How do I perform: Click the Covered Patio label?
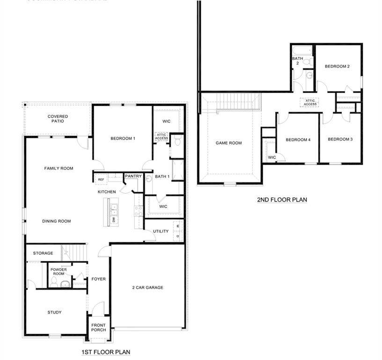click(x=58, y=119)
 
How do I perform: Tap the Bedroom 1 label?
click(x=123, y=138)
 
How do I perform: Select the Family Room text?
click(x=59, y=168)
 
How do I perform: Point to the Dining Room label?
click(x=56, y=221)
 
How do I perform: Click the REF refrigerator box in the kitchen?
click(x=101, y=180)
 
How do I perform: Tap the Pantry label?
click(x=133, y=176)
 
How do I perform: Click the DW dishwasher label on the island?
click(x=113, y=219)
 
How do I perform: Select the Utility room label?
click(x=161, y=231)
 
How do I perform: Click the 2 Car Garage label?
click(x=147, y=287)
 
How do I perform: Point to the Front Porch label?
click(x=98, y=327)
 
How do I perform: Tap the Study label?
click(x=54, y=313)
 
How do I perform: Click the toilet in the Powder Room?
click(x=54, y=282)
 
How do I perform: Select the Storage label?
click(x=43, y=253)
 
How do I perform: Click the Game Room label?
click(x=228, y=143)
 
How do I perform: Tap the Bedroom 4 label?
click(x=298, y=140)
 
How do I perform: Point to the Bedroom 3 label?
click(x=340, y=139)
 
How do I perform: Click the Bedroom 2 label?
click(x=337, y=67)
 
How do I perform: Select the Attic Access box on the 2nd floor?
click(x=310, y=102)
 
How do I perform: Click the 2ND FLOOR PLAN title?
click(x=282, y=200)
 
